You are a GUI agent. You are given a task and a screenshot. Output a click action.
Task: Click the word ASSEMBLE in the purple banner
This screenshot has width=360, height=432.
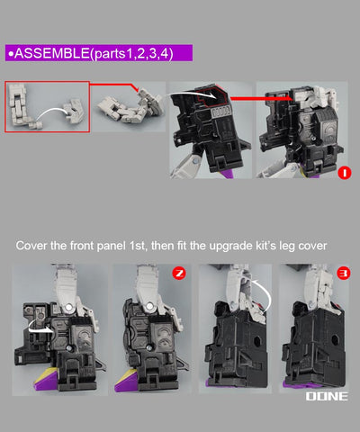click(52, 53)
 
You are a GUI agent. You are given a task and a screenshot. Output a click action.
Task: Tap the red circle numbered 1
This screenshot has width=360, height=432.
click(344, 173)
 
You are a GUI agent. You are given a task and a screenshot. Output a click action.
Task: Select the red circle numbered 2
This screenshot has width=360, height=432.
click(179, 273)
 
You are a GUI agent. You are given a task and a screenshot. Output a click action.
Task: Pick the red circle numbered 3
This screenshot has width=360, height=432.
click(344, 273)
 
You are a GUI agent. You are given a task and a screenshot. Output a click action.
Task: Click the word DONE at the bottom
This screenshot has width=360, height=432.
click(327, 396)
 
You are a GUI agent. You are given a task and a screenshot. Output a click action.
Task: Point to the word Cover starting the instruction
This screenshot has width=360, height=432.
click(31, 246)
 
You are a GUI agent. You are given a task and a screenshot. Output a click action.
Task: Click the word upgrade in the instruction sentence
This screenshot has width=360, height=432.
click(231, 246)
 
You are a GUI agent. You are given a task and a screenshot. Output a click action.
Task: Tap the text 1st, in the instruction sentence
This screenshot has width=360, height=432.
click(139, 246)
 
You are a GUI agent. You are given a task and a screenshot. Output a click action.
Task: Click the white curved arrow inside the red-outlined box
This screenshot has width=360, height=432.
click(52, 112)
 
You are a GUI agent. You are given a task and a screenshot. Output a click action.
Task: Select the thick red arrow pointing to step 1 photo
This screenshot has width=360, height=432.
click(262, 98)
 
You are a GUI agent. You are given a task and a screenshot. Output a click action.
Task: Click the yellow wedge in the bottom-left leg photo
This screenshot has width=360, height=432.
click(45, 376)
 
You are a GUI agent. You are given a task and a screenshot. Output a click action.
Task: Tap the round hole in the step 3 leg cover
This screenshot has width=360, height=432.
click(335, 340)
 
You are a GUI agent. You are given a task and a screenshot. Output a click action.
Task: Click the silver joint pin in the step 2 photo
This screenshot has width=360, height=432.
click(149, 306)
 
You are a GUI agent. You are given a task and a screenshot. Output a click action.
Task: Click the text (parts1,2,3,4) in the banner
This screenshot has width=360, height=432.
click(131, 54)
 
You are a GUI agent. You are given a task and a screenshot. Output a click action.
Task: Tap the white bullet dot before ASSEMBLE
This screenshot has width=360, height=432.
click(11, 54)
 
